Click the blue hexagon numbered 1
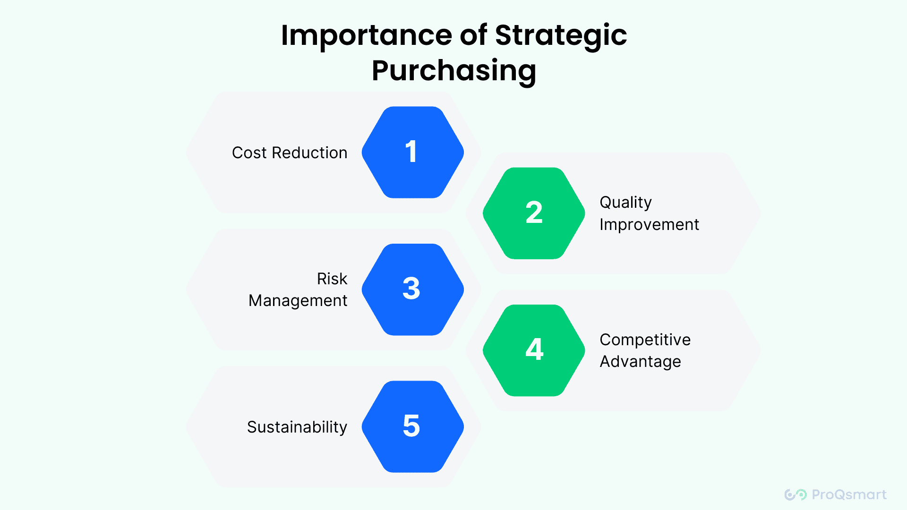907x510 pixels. [x=412, y=152]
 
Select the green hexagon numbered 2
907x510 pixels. [x=534, y=213]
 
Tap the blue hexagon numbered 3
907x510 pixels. [x=412, y=289]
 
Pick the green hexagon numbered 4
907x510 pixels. [x=534, y=350]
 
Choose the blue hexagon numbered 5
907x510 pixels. [x=412, y=426]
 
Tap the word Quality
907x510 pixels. [x=625, y=203]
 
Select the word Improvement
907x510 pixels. [x=649, y=225]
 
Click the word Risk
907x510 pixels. [x=332, y=279]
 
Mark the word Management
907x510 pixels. [x=298, y=301]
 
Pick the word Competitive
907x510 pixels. [x=645, y=340]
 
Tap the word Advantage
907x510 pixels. [x=640, y=362]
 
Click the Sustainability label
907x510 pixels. [x=297, y=427]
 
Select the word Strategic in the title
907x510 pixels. [x=561, y=36]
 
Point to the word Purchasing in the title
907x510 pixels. [x=454, y=71]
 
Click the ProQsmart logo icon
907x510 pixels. [x=796, y=494]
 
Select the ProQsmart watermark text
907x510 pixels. [x=849, y=494]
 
